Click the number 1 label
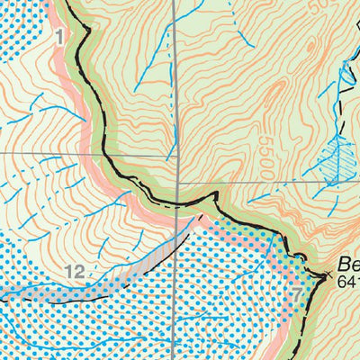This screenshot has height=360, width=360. (x=59, y=37)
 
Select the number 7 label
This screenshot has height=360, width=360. (x=298, y=295)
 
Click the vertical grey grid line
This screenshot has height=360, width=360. (x=176, y=90)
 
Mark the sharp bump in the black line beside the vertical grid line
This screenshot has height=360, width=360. (x=214, y=194)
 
